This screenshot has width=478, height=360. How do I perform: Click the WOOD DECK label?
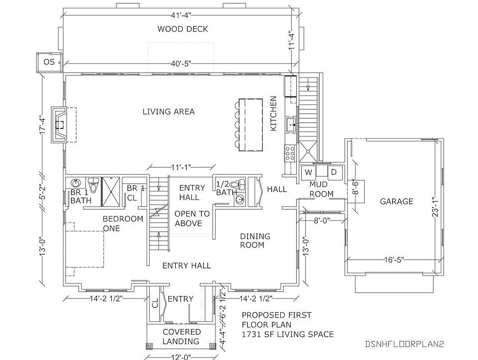point(183,29)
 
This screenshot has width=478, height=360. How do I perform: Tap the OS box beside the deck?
point(49,62)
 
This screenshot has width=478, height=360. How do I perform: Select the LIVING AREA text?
point(169,111)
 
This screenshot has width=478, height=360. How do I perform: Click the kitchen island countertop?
point(251,123)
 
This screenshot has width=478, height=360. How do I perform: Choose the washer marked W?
point(308,172)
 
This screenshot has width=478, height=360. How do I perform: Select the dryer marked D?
point(334,172)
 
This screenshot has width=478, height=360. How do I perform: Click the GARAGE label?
point(397,201)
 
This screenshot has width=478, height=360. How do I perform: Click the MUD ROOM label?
point(322,189)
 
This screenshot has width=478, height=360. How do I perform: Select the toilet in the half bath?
point(241,183)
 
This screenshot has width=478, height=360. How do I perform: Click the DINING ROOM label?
point(255,240)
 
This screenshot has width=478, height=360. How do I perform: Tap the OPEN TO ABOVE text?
point(192,218)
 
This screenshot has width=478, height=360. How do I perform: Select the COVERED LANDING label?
point(182,336)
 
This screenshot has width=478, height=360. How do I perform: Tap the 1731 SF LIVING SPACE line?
point(288,334)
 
